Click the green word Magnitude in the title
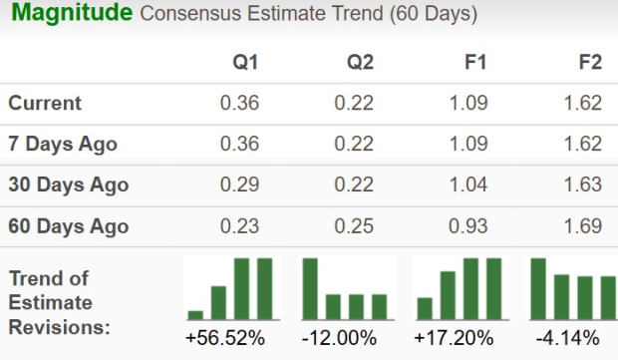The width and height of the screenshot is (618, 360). tap(72, 15)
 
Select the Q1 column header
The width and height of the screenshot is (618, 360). tap(245, 62)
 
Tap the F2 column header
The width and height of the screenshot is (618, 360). tap(590, 62)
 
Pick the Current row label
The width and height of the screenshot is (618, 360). tap(45, 103)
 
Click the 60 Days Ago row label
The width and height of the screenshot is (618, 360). tap(67, 225)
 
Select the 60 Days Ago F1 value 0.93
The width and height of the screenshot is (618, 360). tap(467, 225)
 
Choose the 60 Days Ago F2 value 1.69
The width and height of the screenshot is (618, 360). tap(582, 225)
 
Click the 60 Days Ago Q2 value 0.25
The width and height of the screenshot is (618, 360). tap(354, 225)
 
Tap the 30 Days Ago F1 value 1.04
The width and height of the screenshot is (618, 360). tap(467, 184)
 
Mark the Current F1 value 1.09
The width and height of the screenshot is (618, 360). tap(467, 103)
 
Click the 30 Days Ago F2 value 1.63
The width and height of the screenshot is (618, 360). tap(582, 184)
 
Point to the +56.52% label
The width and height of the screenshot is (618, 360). tap(225, 338)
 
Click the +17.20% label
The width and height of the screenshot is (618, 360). tap(455, 338)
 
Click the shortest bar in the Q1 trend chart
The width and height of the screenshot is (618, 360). tap(195, 313)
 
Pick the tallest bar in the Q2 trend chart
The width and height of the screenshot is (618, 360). tap(310, 287)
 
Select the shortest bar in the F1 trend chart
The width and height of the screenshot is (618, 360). tap(425, 307)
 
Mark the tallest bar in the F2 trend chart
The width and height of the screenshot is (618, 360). tap(539, 287)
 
